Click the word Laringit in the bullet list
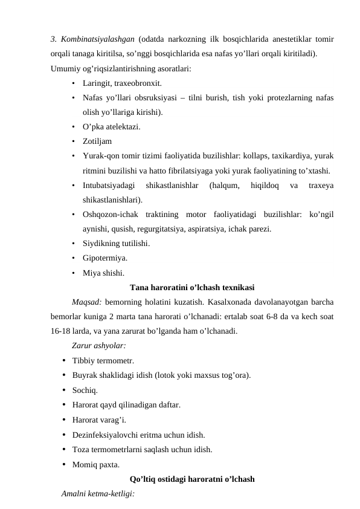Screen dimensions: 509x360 [x=97, y=83]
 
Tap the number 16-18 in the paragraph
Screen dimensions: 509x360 [x=60, y=331]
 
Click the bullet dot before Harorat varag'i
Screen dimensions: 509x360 [x=64, y=420]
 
